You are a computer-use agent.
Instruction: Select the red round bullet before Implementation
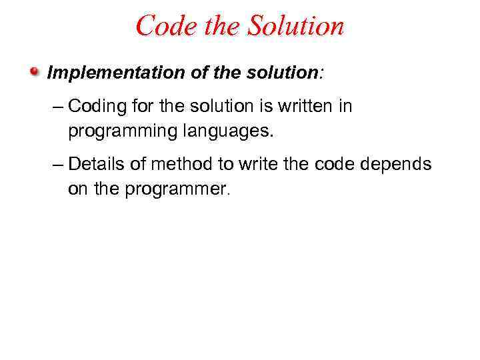tap(35, 71)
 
